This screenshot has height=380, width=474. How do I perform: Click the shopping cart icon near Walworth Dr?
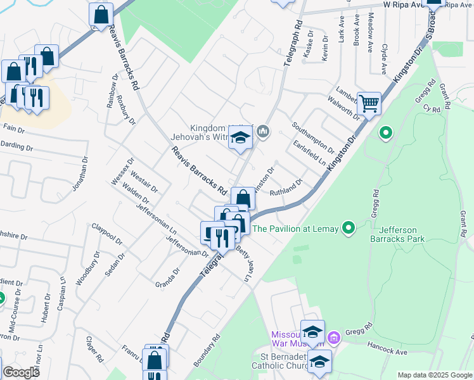click(369, 103)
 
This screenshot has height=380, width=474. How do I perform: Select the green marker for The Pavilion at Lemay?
click(348, 227)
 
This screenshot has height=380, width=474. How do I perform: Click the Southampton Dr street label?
click(313, 135)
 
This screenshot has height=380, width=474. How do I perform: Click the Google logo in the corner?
click(21, 372)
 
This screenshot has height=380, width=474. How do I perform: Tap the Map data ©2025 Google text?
click(434, 375)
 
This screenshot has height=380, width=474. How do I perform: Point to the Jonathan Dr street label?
click(79, 174)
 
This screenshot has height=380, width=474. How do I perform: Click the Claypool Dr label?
click(106, 232)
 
